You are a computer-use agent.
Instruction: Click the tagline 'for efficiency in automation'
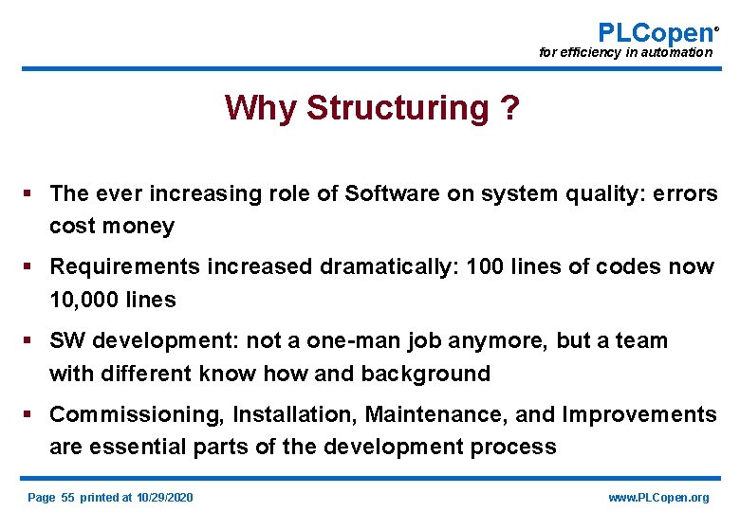click(x=625, y=53)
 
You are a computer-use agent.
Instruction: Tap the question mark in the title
click(x=509, y=109)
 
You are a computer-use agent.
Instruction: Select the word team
click(x=641, y=340)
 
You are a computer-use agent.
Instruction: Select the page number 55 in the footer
click(x=67, y=497)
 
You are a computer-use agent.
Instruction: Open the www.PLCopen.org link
click(x=658, y=497)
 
